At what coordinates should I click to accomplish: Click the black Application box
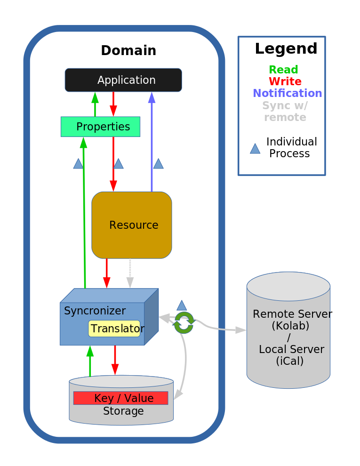[123, 80]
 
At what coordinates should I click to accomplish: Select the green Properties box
[100, 127]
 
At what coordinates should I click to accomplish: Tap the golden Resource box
[132, 225]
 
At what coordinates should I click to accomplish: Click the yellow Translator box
[114, 329]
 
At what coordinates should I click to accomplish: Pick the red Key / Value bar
[120, 398]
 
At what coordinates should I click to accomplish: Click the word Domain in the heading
[128, 51]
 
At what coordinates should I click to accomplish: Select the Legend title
[286, 49]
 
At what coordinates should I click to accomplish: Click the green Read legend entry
[283, 70]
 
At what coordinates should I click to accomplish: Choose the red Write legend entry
[285, 81]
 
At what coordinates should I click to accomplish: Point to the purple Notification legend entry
[287, 93]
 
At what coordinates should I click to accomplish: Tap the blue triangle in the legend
[255, 149]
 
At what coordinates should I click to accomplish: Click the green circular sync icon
[184, 322]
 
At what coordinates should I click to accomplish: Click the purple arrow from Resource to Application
[152, 141]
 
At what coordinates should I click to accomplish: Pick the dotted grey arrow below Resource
[130, 273]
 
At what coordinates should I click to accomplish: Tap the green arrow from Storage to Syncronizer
[90, 361]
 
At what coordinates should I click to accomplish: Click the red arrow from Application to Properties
[113, 104]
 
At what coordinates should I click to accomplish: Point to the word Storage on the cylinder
[123, 411]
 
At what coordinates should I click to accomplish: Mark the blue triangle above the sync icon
[182, 305]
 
